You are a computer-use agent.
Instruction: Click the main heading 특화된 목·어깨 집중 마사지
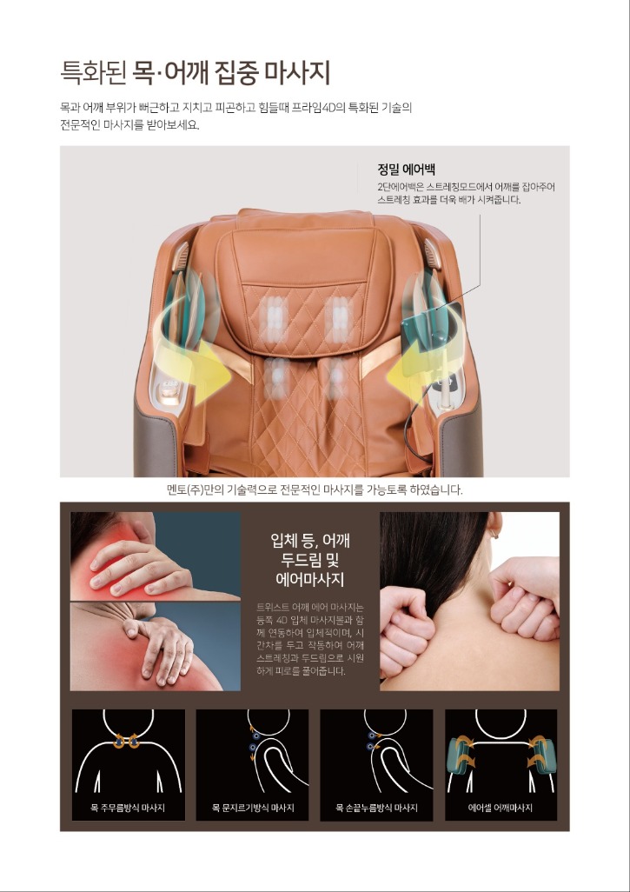(x=195, y=73)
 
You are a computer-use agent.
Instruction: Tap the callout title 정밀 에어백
(x=406, y=169)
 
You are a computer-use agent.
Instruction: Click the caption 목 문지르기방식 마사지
(x=253, y=808)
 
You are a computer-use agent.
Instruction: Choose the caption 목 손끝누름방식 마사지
(x=376, y=808)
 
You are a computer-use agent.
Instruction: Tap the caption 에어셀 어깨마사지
(x=501, y=808)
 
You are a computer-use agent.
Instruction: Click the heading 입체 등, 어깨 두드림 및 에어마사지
(x=310, y=559)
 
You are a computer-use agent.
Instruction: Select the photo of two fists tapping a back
(x=469, y=602)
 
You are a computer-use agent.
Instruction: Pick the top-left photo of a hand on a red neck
(x=156, y=556)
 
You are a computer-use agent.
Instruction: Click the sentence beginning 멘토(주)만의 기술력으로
(x=315, y=489)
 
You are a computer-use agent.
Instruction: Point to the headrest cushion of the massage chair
(x=307, y=287)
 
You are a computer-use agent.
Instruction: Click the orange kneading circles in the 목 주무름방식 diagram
(x=126, y=742)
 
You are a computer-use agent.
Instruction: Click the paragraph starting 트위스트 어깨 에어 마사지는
(x=310, y=639)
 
